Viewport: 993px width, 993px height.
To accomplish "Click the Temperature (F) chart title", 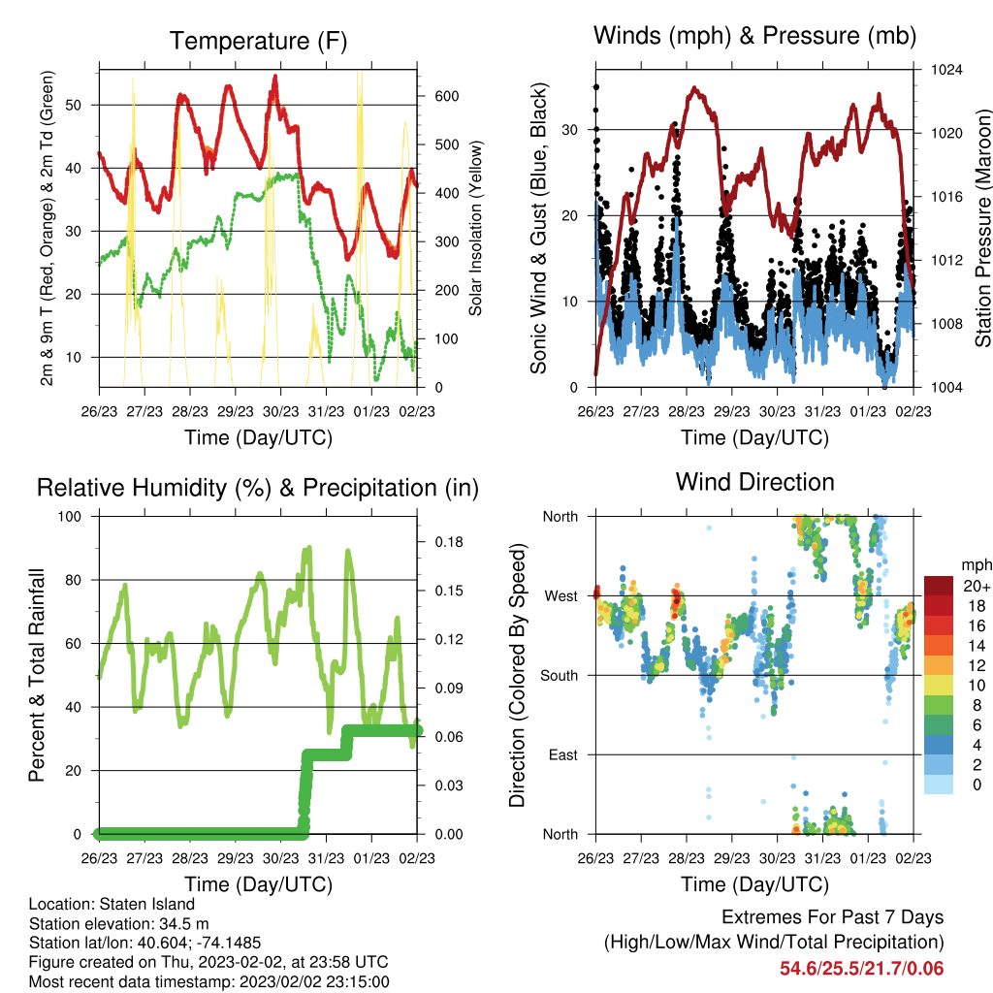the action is (258, 41).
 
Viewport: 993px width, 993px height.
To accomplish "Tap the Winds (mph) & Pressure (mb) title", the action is (754, 36).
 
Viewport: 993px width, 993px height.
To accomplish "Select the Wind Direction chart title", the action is (754, 482).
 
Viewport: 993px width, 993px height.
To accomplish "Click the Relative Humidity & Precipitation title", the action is (258, 489).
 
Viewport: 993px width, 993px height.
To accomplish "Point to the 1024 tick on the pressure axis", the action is (946, 70).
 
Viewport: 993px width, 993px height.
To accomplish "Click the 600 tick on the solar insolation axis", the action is (447, 96).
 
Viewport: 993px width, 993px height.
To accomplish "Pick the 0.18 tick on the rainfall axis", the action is (449, 542).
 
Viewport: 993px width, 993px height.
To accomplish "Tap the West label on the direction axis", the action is (561, 596).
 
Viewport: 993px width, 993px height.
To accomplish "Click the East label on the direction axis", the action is (563, 754).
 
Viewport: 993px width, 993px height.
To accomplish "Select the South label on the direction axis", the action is (560, 676).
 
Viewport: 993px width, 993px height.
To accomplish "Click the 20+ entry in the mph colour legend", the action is (977, 587).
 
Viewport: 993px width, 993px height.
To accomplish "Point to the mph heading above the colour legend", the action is (977, 565).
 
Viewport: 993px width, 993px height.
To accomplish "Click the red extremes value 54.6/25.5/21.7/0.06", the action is (862, 969).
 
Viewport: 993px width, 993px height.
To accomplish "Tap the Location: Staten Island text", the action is (112, 905).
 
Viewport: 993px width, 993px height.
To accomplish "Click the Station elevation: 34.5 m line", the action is (119, 924).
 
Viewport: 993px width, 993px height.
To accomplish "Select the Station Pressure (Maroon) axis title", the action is (983, 228).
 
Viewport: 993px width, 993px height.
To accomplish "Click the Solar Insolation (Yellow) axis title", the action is (475, 228).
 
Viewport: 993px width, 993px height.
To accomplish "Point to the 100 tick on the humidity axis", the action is (70, 517).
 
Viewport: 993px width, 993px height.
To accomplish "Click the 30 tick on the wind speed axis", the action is (569, 130).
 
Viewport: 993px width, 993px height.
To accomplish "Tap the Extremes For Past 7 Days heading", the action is (833, 917).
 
